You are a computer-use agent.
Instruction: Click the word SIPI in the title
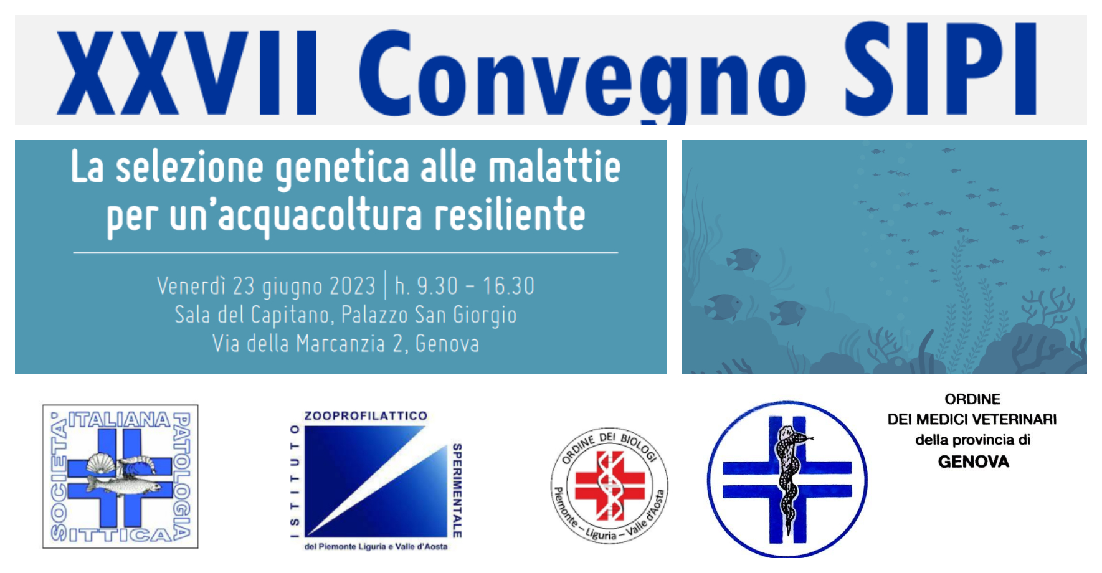939,69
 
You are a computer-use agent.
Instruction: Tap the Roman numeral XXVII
187,73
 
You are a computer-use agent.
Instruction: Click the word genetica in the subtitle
343,168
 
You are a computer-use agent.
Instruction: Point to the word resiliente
510,214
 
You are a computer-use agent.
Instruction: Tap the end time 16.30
508,286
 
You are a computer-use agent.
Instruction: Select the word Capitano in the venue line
290,315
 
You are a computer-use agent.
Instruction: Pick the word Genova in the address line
447,343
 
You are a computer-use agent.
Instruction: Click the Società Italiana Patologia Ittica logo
120,476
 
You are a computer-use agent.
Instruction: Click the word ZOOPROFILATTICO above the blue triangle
366,415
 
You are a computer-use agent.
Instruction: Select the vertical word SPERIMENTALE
457,490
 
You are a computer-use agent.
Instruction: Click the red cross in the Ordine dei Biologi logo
610,486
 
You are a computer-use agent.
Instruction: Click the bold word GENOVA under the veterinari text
974,462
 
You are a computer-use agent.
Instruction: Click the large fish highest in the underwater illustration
744,258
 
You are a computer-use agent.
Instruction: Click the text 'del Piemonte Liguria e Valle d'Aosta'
376,547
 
